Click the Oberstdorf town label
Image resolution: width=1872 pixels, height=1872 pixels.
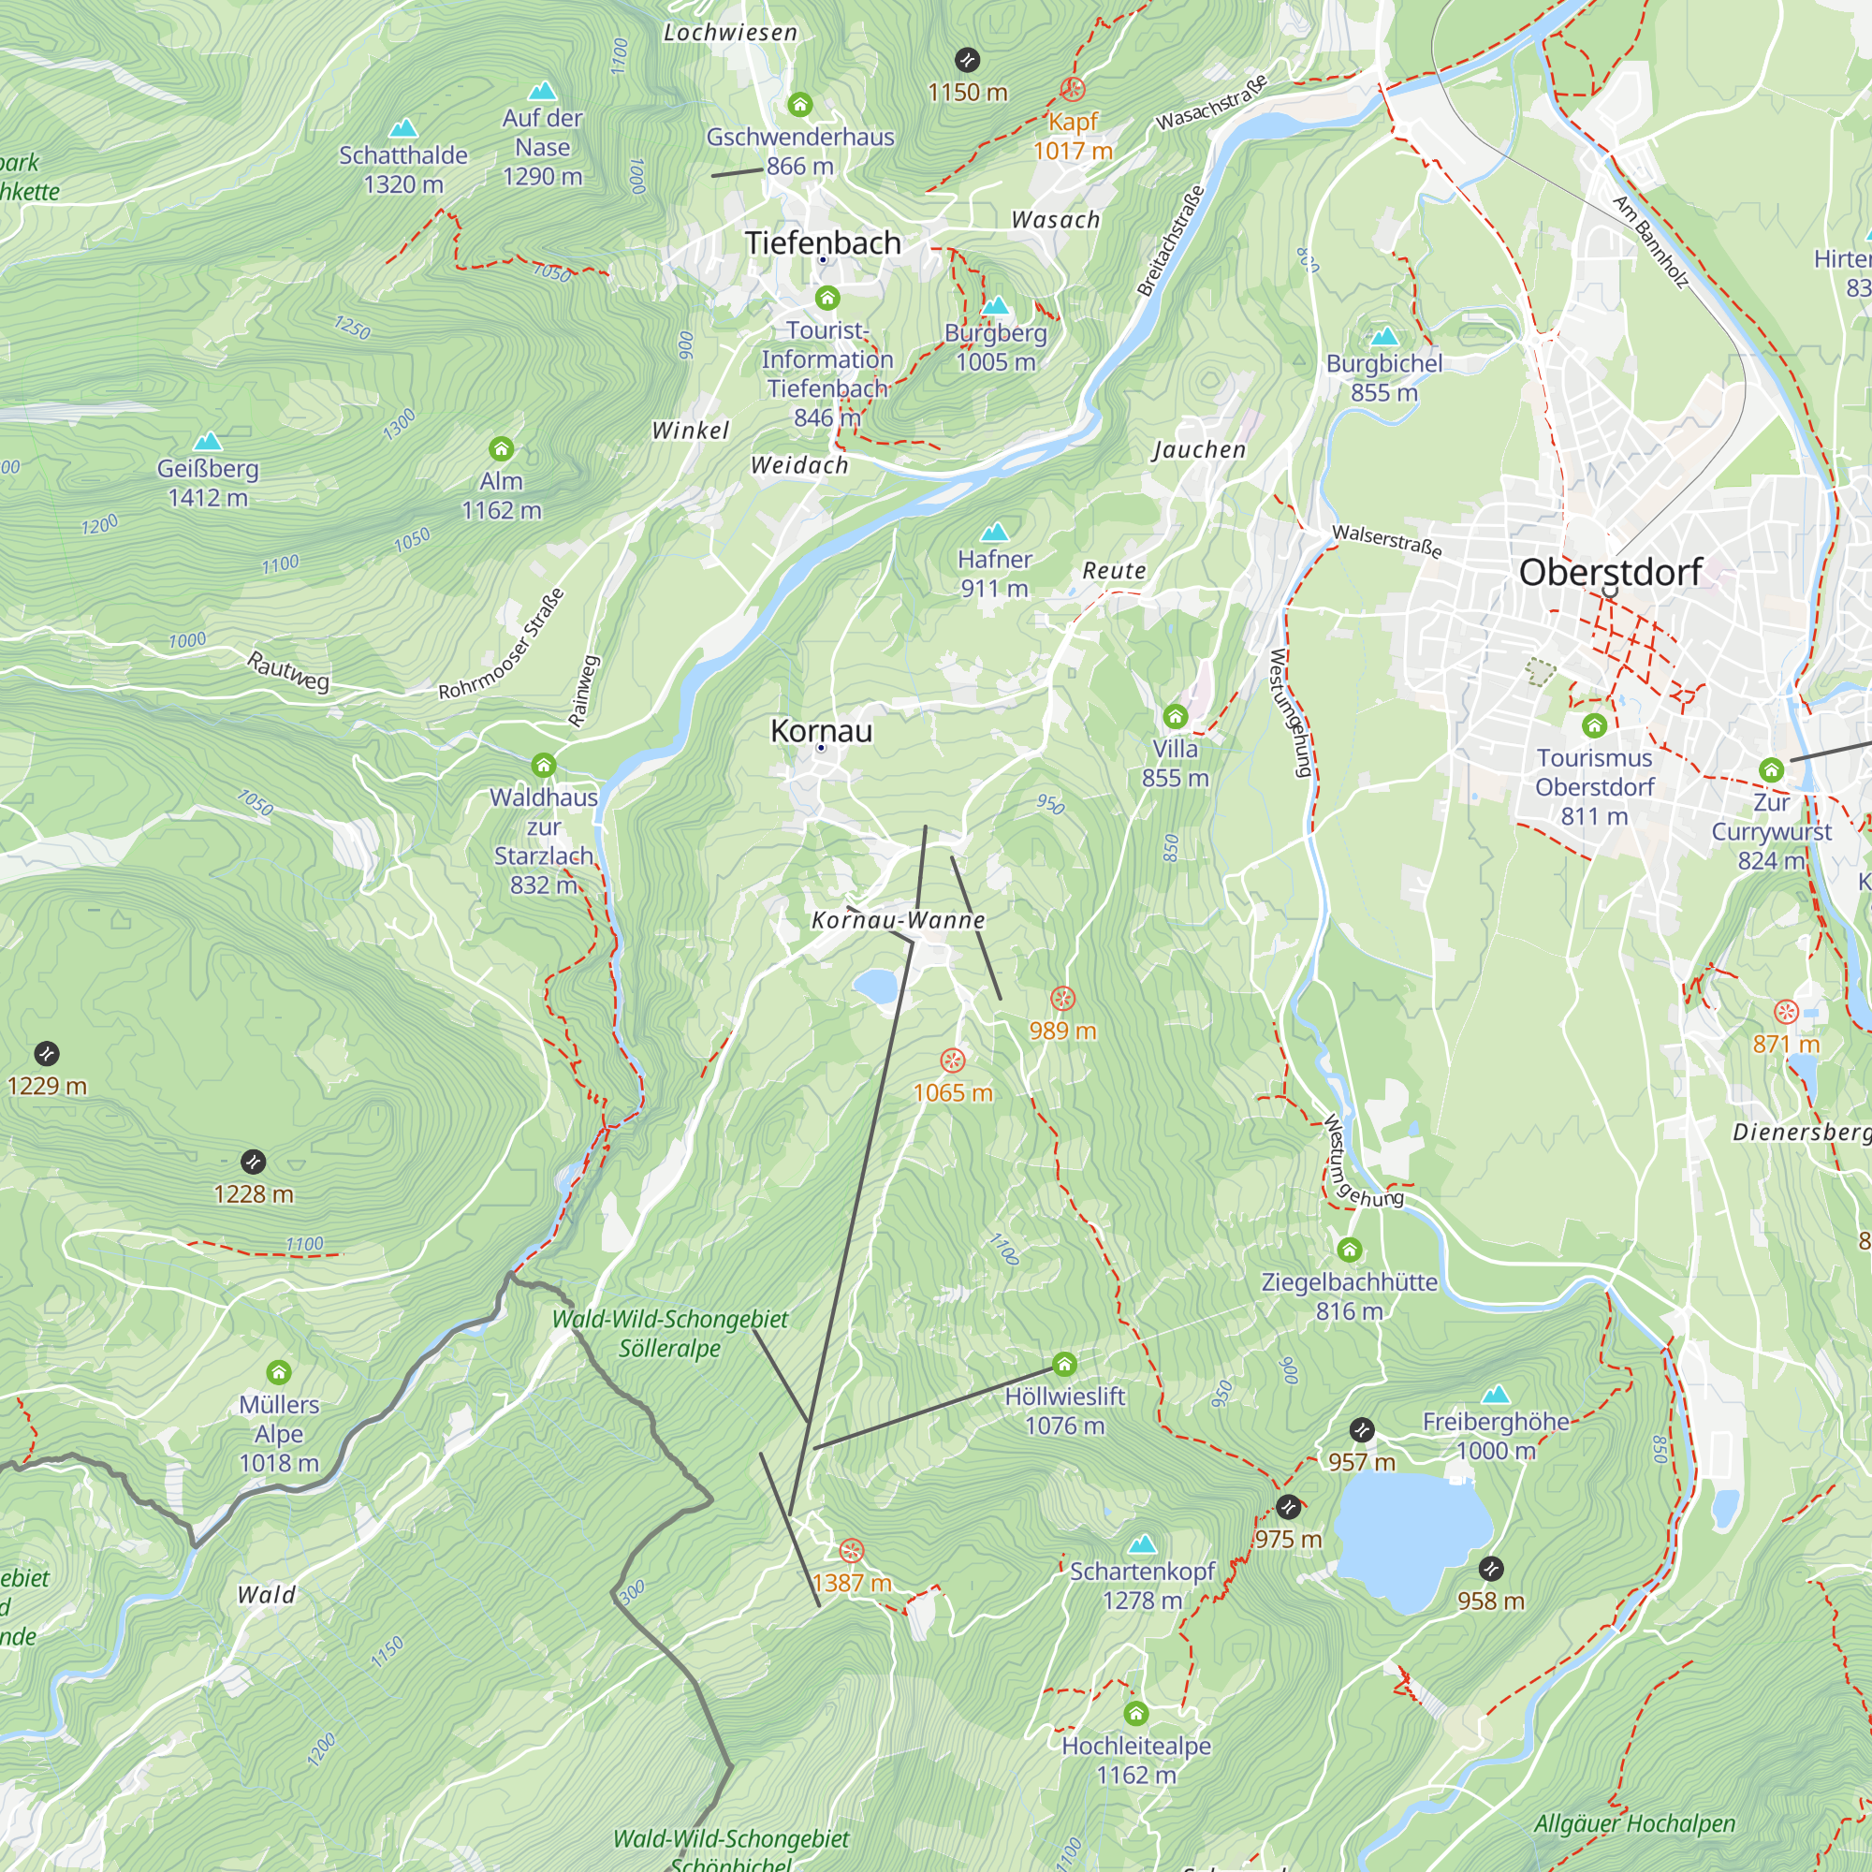[1609, 572]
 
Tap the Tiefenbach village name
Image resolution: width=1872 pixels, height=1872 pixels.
[823, 242]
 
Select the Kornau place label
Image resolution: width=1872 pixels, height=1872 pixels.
[821, 731]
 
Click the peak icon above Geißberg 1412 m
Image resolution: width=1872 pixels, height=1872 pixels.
[208, 442]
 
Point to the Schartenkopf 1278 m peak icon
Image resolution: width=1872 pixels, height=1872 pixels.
[1142, 1543]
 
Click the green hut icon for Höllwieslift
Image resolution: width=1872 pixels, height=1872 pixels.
[1064, 1366]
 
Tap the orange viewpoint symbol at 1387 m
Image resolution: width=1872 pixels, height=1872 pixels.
[851, 1551]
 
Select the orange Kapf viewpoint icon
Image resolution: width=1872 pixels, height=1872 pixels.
[1072, 89]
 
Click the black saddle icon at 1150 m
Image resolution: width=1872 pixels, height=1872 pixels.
[967, 60]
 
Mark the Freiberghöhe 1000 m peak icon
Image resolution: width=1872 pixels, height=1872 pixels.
[1496, 1395]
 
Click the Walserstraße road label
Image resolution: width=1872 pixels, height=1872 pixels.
[1386, 541]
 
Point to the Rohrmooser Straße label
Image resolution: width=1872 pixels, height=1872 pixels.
[501, 644]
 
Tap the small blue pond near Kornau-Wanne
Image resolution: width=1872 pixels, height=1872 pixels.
[877, 987]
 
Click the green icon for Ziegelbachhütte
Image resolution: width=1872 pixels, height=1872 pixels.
[1349, 1250]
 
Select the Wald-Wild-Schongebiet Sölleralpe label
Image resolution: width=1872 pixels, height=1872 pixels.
[669, 1333]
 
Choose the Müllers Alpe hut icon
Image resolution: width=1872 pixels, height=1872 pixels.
[279, 1372]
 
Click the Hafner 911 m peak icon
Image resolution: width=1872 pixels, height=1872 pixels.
[994, 532]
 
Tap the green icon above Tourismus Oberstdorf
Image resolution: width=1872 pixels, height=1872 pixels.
[1594, 724]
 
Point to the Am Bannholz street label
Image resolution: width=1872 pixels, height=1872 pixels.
[1650, 242]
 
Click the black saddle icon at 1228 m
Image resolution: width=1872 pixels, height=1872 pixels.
[253, 1162]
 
